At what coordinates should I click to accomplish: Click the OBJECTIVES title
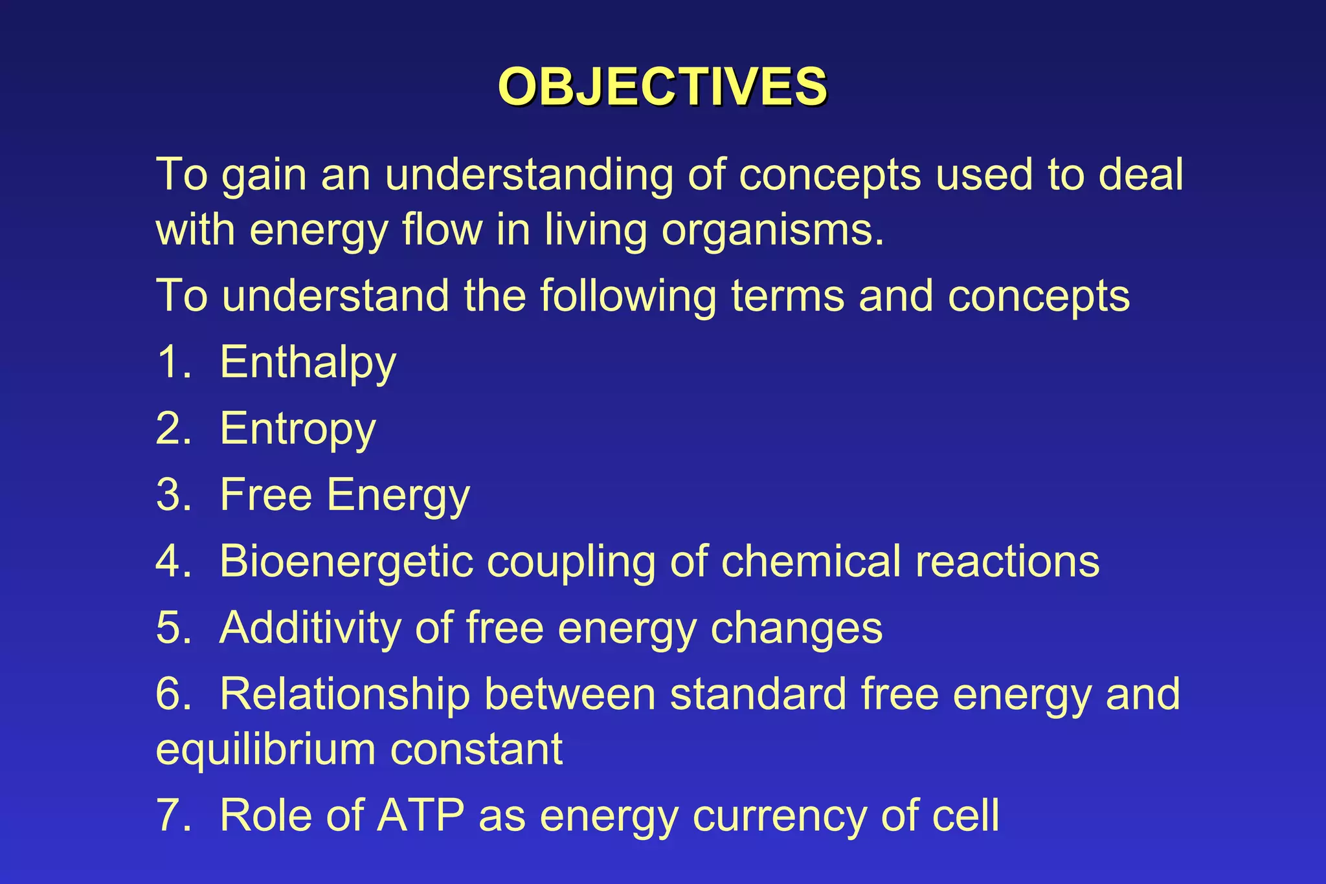(x=662, y=87)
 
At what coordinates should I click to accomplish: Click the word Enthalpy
(x=308, y=362)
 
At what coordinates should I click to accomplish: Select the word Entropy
(x=297, y=428)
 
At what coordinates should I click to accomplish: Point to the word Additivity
(x=309, y=628)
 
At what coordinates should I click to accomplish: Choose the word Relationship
(x=344, y=694)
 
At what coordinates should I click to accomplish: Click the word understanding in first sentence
(x=528, y=176)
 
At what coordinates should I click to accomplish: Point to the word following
(x=628, y=296)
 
